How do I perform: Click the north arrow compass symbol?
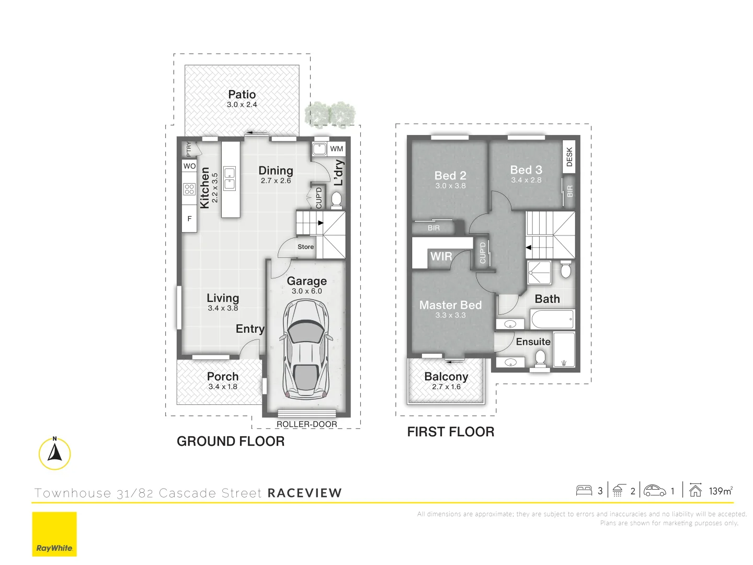coord(54,453)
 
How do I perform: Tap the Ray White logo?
coord(54,534)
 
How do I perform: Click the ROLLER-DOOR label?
coord(306,424)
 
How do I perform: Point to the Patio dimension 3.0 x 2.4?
coord(242,105)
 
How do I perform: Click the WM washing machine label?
coord(337,149)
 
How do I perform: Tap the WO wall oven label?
coord(189,166)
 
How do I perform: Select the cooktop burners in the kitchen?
coord(189,189)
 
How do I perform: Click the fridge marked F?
coord(189,219)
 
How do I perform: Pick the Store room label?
coord(305,247)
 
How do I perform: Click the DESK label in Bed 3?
coord(569,157)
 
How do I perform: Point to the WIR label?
coord(441,256)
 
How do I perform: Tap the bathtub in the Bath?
coord(553,319)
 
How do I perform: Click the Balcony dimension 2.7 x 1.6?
coord(446,387)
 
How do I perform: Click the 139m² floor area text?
coord(721,491)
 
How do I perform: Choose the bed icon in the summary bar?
coord(584,491)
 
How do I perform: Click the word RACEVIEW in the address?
coord(304,493)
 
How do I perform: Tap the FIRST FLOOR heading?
coord(450,432)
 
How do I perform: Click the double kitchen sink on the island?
coord(230,178)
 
